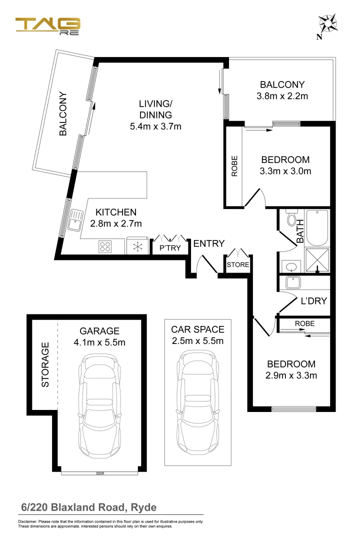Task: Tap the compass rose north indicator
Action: [x=328, y=24]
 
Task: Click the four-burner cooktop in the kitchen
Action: [x=105, y=246]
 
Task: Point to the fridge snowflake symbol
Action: [x=138, y=246]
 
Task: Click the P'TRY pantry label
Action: [x=170, y=248]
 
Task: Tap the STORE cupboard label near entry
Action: [x=238, y=264]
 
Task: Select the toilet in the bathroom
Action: [x=291, y=219]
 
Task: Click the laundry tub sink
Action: [x=292, y=283]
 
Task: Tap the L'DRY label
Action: [x=313, y=301]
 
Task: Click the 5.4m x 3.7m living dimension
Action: [x=155, y=126]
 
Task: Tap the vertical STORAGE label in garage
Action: [x=45, y=364]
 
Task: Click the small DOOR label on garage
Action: [x=100, y=472]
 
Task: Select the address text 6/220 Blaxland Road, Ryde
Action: [x=88, y=507]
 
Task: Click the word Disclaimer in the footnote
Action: [x=28, y=521]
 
